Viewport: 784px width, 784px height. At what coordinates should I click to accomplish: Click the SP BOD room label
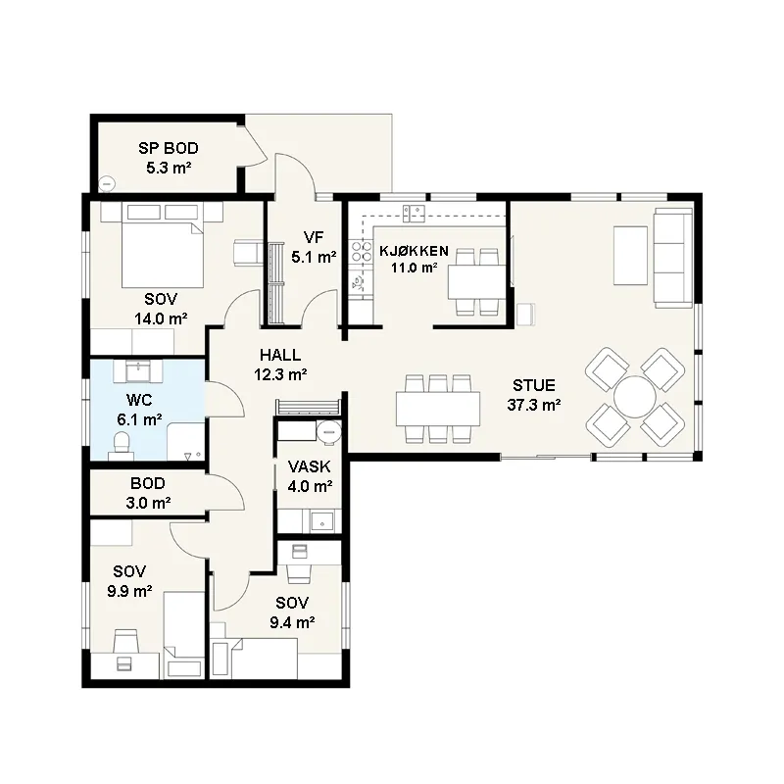169,148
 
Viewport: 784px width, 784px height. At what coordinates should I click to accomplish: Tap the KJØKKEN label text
414,251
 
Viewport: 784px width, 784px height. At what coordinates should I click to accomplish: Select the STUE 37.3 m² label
534,395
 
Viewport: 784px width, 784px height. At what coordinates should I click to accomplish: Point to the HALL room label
280,355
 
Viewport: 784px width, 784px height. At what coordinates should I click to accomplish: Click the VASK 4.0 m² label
310,476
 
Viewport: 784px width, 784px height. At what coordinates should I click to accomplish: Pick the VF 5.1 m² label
314,247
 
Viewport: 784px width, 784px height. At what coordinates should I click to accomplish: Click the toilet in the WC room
122,446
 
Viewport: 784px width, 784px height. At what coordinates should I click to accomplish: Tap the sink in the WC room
137,371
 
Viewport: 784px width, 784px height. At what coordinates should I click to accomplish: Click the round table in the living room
635,397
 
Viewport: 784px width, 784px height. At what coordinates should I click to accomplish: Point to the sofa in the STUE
673,258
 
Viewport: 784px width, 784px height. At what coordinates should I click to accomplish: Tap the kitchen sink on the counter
414,214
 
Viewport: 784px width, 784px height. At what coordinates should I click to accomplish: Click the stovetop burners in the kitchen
362,251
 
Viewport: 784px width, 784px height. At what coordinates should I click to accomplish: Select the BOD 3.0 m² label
149,493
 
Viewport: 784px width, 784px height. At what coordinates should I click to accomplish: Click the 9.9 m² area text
129,591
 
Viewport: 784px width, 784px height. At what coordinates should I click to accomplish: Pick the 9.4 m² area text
292,622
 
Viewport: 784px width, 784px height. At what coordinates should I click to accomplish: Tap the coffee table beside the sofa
630,256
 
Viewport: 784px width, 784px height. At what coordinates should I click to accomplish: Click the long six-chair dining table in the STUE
438,409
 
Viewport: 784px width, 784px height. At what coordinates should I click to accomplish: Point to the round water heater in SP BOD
107,184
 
